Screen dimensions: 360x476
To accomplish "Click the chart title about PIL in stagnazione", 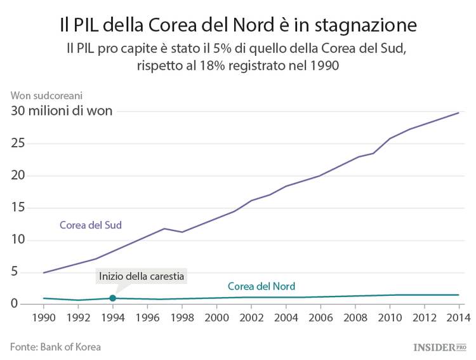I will coord(238,25).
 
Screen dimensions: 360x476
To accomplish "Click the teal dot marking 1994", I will coord(112,298).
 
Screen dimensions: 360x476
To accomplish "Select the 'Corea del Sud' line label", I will coord(90,225).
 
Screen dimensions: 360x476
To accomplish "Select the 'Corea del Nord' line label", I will coord(261,286).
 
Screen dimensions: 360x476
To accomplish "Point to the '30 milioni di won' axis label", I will coord(61,110).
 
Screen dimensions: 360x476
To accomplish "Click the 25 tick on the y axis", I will coord(18,143).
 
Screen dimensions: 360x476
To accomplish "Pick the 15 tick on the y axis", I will coord(18,208).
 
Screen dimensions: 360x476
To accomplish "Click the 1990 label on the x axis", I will coord(43,317).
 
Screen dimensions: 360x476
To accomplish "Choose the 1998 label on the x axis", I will coord(182,317).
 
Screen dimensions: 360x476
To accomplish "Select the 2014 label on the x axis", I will coord(458,317).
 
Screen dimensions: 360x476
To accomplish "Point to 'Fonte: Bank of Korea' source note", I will coord(55,347).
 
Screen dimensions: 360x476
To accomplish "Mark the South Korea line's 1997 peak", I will coord(164,229).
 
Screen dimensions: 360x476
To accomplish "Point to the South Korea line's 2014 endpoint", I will coord(458,112).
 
